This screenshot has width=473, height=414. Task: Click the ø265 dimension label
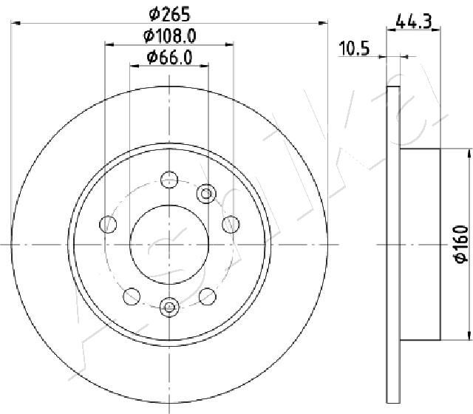[170, 14]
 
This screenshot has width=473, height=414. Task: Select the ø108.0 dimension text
[170, 36]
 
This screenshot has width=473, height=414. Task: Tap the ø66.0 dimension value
[169, 58]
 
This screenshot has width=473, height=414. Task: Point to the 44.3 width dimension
[414, 21]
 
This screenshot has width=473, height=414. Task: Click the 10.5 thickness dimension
[354, 48]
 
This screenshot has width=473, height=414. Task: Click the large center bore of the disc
[169, 245]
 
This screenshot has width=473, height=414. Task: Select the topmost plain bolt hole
[169, 180]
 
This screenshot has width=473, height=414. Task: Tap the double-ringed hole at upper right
[206, 194]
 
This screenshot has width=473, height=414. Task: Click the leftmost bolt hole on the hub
[108, 225]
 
